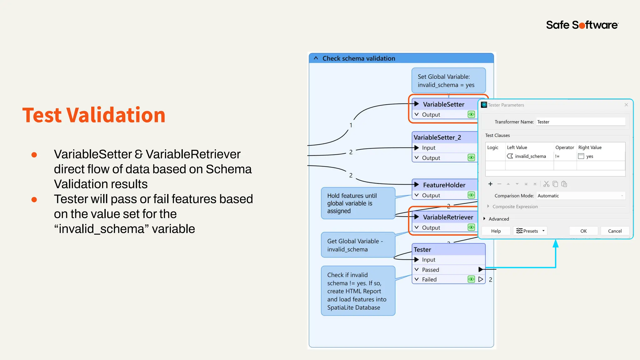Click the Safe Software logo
[x=582, y=25]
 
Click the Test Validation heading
[x=94, y=115]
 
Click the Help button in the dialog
[x=496, y=231]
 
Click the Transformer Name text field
[x=581, y=122]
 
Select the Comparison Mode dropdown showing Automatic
[x=581, y=196]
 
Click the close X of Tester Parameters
[x=626, y=105]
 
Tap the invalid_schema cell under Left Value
[x=530, y=156]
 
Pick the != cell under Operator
[x=557, y=156]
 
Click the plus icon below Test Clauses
[x=490, y=184]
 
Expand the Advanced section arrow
[x=484, y=219]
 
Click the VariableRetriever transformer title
[x=448, y=217]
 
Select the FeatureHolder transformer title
[x=444, y=185]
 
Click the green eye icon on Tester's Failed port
[x=471, y=279]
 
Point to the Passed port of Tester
[x=430, y=270]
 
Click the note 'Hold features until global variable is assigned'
[x=358, y=203]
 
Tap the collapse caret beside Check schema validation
[x=316, y=58]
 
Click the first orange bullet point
[x=34, y=155]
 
